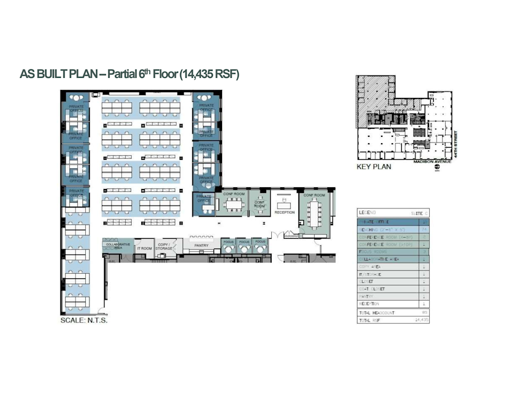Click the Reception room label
284,212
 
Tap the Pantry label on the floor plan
201,245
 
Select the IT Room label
144,248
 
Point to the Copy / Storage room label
164,247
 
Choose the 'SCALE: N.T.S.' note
84,320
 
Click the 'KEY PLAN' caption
373,168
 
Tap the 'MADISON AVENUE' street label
433,161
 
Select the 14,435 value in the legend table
422,321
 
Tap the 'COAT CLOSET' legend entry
372,289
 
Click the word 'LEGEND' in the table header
367,212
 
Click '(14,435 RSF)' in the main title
209,74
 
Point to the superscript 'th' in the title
150,71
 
